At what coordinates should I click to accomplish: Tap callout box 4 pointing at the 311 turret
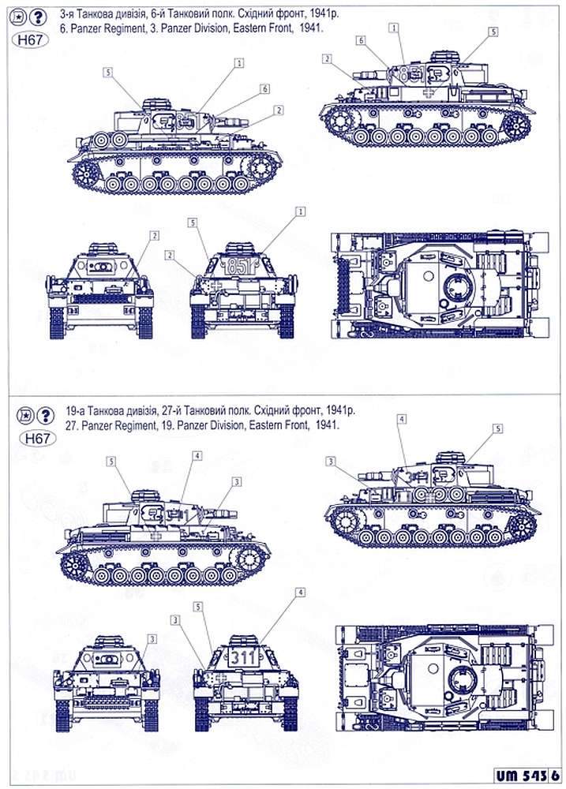(x=300, y=592)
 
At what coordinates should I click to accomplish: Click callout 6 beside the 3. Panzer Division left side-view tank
(x=265, y=88)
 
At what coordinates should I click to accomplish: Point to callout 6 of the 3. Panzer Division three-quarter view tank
(x=360, y=39)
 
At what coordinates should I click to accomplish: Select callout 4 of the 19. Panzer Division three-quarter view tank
(x=402, y=417)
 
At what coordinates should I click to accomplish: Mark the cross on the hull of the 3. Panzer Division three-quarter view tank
(x=428, y=92)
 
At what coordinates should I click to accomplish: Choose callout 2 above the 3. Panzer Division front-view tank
(x=155, y=235)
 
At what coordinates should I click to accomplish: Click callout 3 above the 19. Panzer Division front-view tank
(x=152, y=636)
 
